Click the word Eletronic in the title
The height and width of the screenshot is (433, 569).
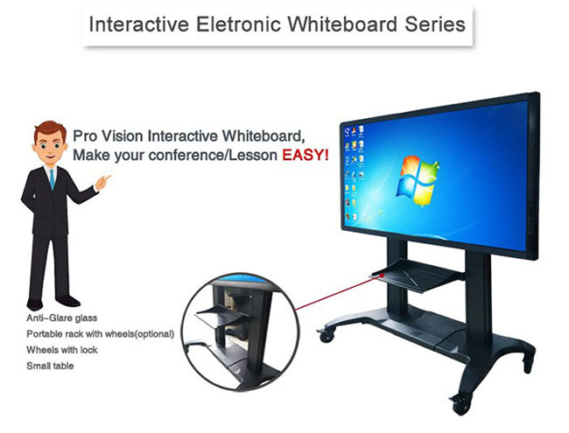coord(238,24)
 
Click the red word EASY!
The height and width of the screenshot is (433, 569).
coord(306,155)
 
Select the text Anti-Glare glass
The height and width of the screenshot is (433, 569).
coord(61,318)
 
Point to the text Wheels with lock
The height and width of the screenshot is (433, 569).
coord(62,350)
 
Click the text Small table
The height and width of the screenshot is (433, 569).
coord(50,366)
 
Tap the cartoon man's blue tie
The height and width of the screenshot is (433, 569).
coord(52,179)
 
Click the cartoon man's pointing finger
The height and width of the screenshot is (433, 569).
coord(106,178)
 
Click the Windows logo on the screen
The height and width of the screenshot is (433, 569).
coord(418,180)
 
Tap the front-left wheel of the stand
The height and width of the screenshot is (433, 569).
coord(327,335)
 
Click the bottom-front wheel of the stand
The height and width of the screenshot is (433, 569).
coord(460,404)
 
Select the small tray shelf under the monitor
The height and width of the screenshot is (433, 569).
coord(418,275)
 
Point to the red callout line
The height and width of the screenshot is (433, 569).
coord(339,292)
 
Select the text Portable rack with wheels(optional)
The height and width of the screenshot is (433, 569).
coord(100,334)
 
